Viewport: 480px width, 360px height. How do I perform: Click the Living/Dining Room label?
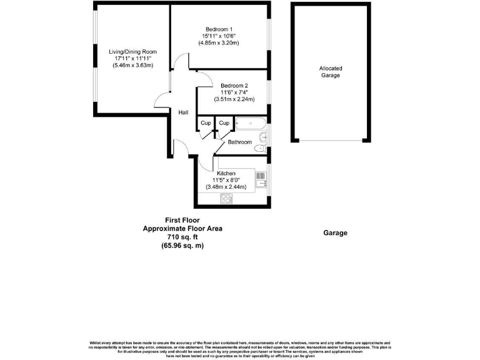tap(132, 52)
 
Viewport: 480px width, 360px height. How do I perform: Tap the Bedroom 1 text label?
tap(219, 29)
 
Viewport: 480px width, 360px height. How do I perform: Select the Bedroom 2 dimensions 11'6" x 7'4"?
tap(234, 92)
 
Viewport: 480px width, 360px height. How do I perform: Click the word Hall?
tap(183, 112)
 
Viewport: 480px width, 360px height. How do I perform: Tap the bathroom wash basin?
tap(264, 136)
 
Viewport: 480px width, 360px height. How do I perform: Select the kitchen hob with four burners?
tap(226, 199)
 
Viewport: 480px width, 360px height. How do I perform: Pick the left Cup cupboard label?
tap(206, 123)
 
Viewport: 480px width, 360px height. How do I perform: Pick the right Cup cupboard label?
tap(224, 123)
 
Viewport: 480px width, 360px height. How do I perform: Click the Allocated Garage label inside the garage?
tap(331, 72)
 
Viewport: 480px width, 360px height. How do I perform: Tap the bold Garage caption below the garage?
tap(335, 232)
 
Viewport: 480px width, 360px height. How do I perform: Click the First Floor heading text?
tap(182, 220)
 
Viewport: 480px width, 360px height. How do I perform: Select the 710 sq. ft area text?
tap(182, 237)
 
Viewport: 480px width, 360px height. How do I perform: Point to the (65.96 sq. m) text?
tap(182, 246)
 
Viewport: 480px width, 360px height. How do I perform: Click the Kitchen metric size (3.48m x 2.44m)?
tap(226, 186)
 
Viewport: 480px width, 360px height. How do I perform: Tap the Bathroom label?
tap(239, 142)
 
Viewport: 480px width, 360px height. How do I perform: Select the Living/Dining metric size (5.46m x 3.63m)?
tap(132, 66)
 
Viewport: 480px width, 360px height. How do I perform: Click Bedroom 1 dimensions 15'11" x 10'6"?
tap(219, 36)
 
